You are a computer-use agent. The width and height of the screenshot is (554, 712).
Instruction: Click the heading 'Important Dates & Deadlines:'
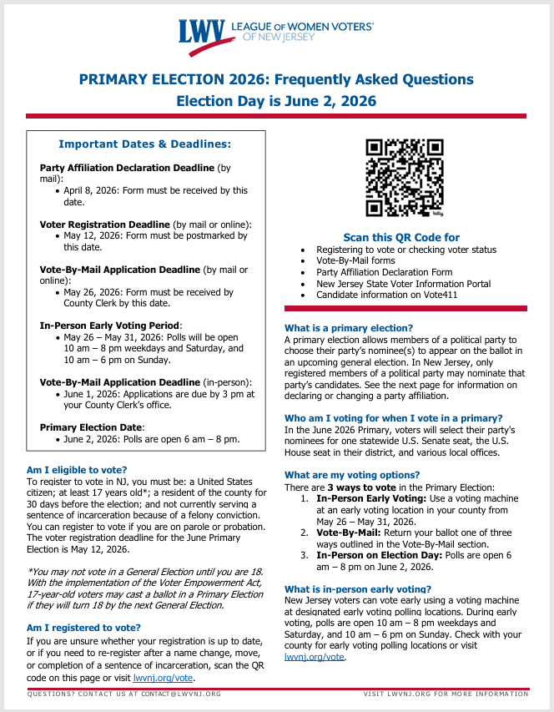click(144, 144)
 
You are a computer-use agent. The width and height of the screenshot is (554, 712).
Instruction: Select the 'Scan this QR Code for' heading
click(401, 237)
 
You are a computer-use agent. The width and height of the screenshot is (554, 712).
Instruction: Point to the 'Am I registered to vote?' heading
click(83, 627)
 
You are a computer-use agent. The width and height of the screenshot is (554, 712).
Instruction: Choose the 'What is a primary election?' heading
click(349, 328)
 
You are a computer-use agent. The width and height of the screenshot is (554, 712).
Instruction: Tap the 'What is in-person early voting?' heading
click(357, 588)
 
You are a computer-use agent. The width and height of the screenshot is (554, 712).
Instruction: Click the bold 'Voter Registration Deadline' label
click(104, 225)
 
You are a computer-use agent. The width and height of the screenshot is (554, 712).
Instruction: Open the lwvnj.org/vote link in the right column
click(314, 657)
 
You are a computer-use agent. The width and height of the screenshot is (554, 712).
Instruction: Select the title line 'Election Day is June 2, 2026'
click(276, 101)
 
